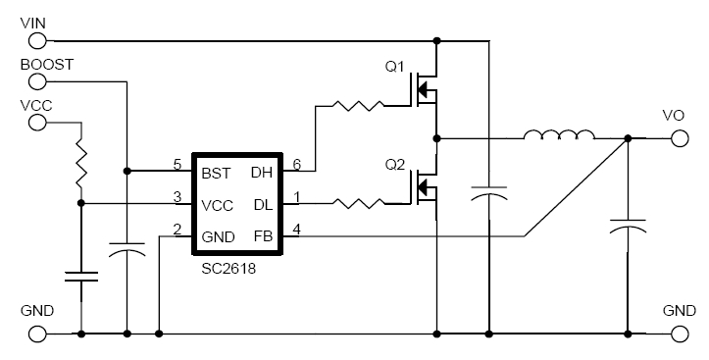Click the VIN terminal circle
point(38,41)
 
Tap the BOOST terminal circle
point(38,82)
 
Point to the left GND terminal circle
point(38,334)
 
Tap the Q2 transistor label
point(395,163)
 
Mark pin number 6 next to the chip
point(296,164)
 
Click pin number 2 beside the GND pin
point(176,229)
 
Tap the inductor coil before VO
point(558,136)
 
